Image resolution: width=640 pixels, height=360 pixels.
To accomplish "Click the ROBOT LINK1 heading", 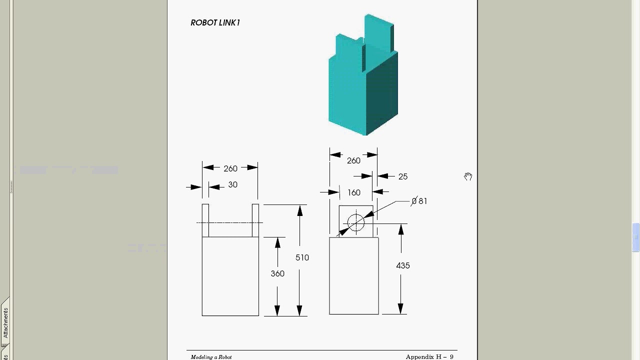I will point(215,23).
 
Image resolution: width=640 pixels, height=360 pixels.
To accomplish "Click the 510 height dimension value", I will point(302,257).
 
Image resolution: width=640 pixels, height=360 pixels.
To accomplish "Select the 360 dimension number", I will point(277,273).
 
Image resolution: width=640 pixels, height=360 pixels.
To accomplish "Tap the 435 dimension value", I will point(402,265).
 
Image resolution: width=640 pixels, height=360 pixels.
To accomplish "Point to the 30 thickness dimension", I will point(232,185).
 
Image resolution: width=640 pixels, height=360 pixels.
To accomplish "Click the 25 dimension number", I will point(402,176).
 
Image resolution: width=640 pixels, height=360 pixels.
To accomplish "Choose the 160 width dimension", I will point(353,192).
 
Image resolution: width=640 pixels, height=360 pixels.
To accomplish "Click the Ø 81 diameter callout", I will point(419,201).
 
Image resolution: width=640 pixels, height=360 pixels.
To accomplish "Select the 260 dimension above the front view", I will point(230,168).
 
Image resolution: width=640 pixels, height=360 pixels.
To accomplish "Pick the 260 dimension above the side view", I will point(353,160).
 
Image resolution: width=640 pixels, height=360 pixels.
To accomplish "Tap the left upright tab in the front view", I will point(205,220).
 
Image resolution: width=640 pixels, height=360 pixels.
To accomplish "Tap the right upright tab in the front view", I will point(255,220).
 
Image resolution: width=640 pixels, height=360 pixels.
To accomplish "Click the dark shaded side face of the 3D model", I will point(382,95).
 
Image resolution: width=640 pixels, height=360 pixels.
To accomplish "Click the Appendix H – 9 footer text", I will point(429,356).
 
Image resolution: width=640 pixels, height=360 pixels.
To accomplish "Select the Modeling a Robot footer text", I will point(211,357).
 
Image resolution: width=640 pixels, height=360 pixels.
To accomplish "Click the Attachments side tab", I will point(5,322).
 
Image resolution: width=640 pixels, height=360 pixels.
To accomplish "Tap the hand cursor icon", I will point(467,176).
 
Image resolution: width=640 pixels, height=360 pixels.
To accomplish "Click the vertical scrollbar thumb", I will point(635,236).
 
